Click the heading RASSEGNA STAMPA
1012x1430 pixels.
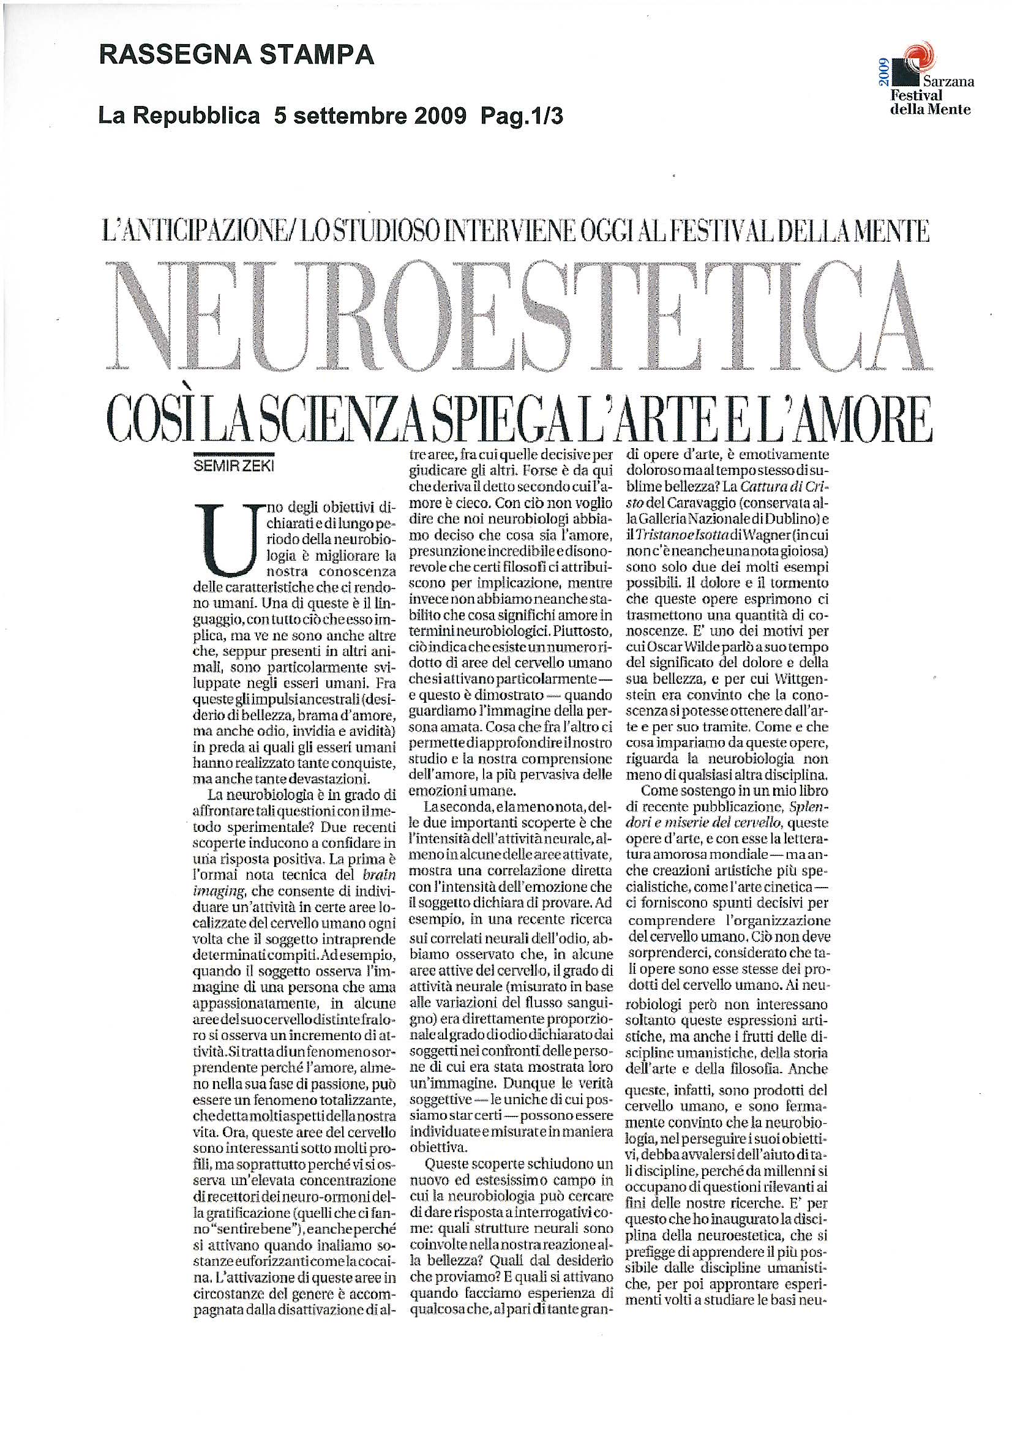coord(237,57)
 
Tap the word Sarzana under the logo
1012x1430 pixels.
coord(948,81)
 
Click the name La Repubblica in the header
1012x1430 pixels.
coord(179,116)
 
